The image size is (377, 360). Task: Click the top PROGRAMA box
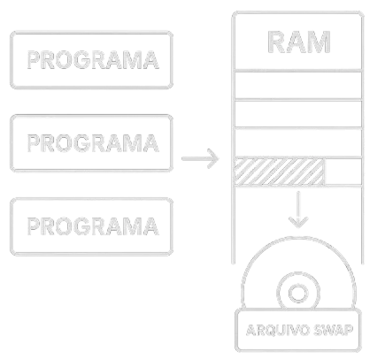pyautogui.click(x=93, y=59)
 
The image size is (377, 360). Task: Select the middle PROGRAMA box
pyautogui.click(x=93, y=142)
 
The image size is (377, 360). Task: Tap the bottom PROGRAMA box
pyautogui.click(x=93, y=226)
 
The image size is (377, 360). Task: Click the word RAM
pyautogui.click(x=298, y=42)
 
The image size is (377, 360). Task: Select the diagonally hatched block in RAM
pyautogui.click(x=279, y=171)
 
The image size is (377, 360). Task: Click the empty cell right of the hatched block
pyautogui.click(x=343, y=171)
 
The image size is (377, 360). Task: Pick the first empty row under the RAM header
pyautogui.click(x=298, y=86)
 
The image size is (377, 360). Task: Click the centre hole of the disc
pyautogui.click(x=298, y=291)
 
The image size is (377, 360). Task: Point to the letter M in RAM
pyautogui.click(x=324, y=42)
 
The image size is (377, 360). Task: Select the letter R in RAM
pyautogui.click(x=273, y=42)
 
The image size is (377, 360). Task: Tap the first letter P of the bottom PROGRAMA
pyautogui.click(x=35, y=226)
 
